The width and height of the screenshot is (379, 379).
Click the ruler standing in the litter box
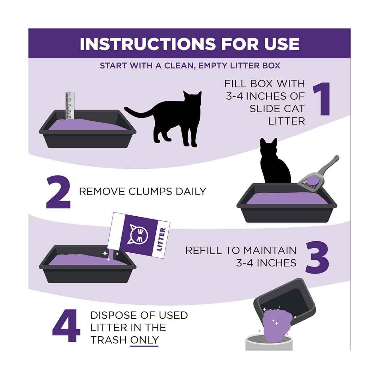pos(70,105)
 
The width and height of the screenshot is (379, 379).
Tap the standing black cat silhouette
pos(163,119)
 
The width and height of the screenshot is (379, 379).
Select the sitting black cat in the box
pos(275,161)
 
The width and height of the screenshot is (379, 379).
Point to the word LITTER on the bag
pos(161,239)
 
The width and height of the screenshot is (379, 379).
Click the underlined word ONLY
pos(144,340)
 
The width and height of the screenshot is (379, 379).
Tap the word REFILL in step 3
pos(203,250)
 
